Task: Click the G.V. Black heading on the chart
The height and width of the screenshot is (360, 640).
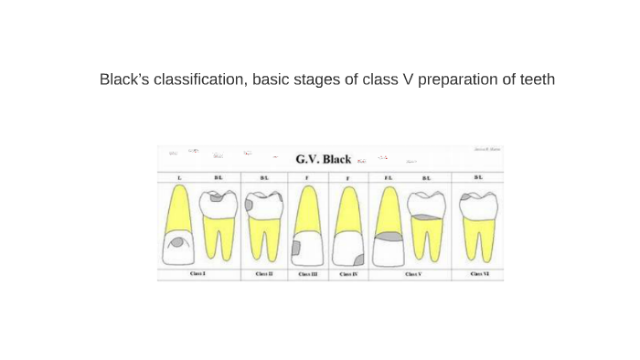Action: [323, 159]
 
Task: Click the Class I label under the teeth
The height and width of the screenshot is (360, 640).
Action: [197, 273]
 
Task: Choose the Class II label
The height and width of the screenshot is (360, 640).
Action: [264, 273]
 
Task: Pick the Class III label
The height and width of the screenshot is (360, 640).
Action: [308, 273]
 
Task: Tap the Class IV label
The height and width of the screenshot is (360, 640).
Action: [348, 273]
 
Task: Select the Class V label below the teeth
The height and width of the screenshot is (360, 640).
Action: [412, 273]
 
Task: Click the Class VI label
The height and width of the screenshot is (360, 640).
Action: [479, 273]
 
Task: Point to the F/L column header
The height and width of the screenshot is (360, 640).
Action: [388, 177]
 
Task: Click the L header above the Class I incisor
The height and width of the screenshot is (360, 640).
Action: [179, 177]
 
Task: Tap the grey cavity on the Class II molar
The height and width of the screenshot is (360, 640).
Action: [249, 206]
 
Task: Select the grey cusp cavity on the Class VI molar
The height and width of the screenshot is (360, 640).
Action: [465, 196]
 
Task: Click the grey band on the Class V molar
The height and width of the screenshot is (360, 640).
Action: [426, 217]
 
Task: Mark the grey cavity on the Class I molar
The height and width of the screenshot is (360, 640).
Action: [217, 196]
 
